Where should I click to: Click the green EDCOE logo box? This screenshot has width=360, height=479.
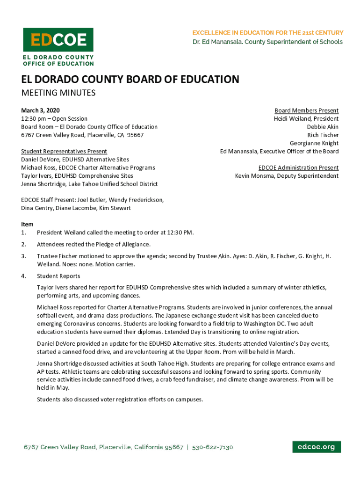(58, 40)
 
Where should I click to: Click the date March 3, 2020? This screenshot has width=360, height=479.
(40, 110)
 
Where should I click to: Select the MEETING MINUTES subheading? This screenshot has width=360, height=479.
(58, 93)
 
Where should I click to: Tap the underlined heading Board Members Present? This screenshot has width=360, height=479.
(306, 110)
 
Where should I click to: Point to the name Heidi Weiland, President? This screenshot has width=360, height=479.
(306, 119)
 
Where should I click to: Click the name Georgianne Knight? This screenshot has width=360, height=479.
(314, 143)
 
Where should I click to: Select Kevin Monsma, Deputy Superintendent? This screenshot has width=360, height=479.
(286, 176)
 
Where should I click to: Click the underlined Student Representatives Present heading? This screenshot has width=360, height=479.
(64, 151)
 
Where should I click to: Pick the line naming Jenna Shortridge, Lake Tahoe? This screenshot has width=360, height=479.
(89, 184)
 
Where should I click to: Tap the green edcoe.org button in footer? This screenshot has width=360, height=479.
(317, 447)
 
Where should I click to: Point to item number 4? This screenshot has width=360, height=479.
(23, 276)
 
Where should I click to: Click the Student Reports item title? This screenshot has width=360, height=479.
(58, 276)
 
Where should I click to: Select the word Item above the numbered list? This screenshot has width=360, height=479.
(27, 225)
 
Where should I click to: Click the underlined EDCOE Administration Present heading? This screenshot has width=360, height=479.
(298, 167)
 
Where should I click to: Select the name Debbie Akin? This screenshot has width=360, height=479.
(323, 127)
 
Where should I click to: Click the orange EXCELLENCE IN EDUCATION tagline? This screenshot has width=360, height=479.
(268, 33)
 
